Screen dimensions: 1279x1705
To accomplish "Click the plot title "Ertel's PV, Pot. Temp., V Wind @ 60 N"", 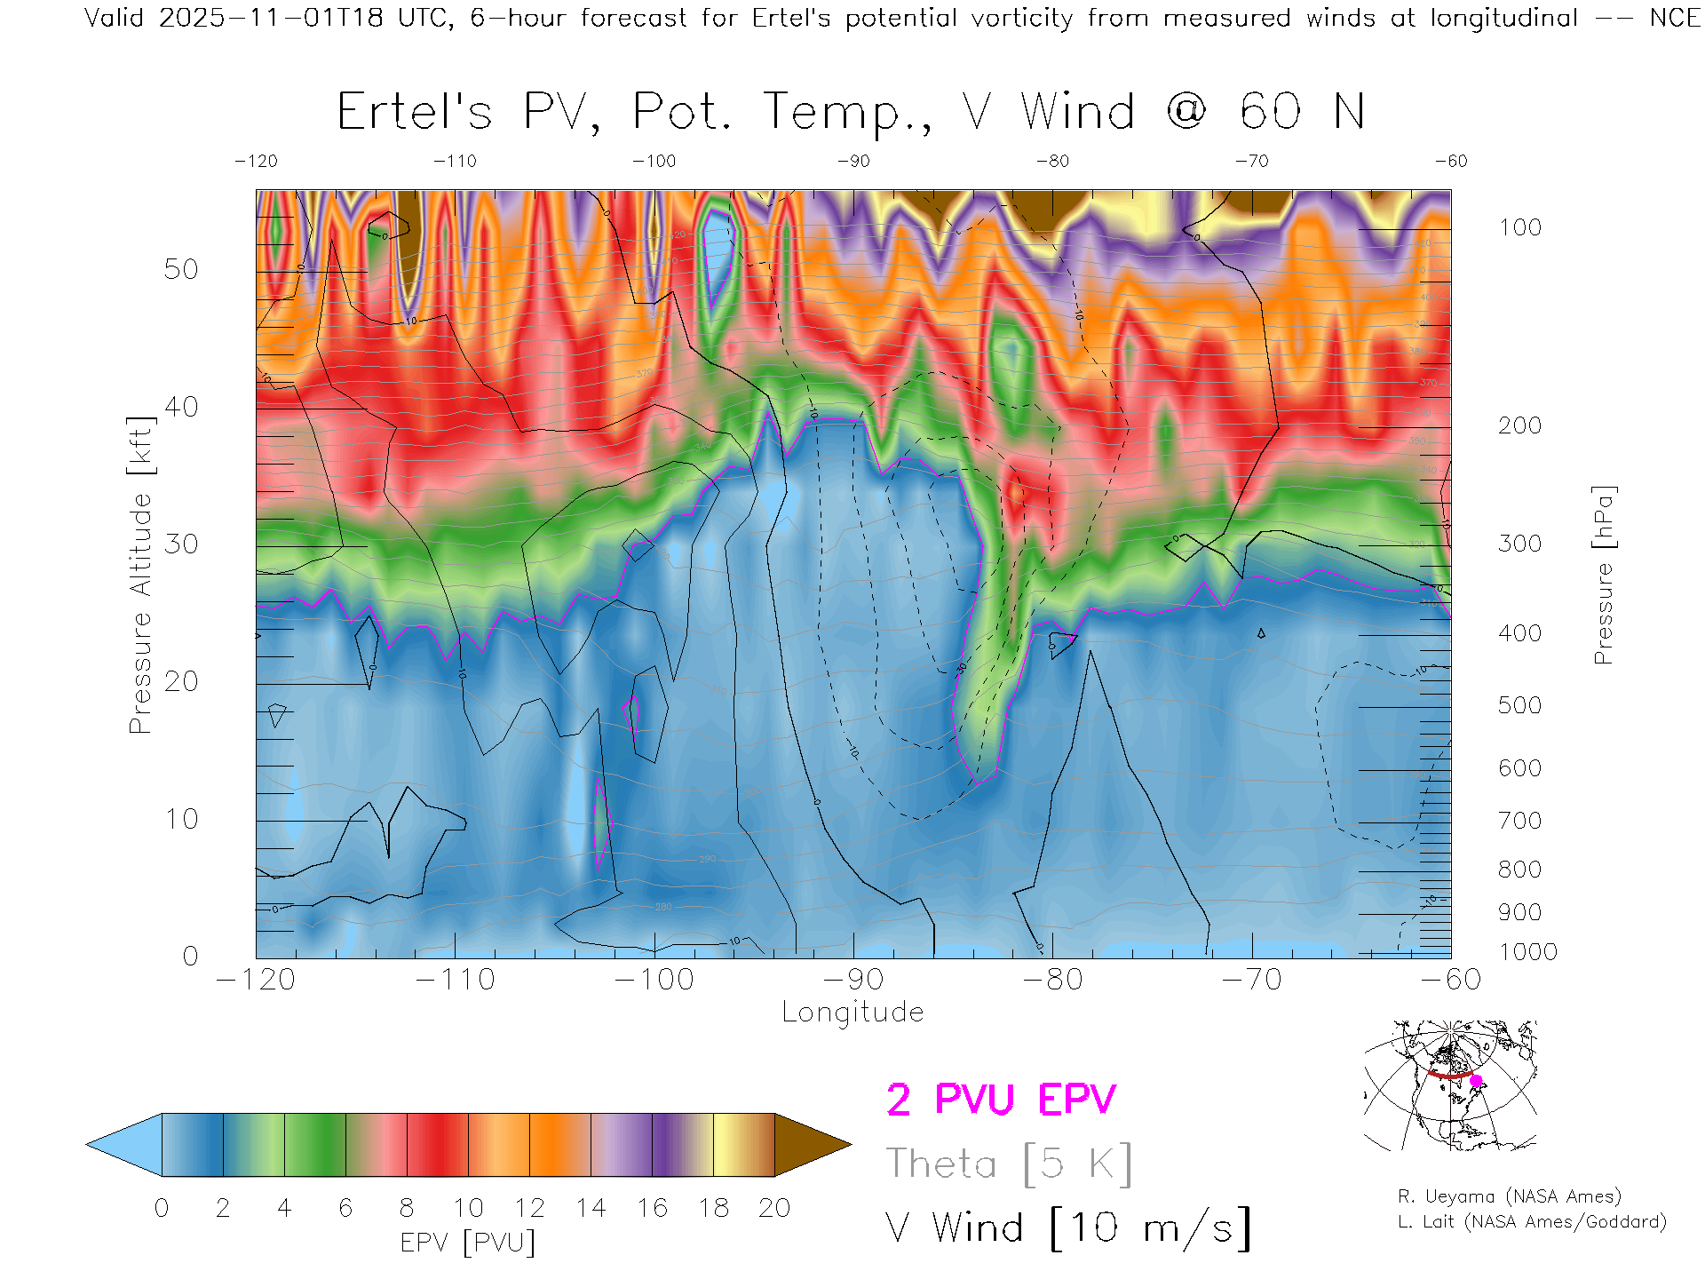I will click(851, 112).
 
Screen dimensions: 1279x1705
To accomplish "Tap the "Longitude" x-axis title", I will click(852, 1012).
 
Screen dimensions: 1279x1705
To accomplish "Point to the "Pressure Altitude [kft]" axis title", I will click(140, 575).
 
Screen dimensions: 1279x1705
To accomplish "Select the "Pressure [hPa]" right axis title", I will click(1604, 575).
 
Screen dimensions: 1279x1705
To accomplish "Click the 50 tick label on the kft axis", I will click(181, 269).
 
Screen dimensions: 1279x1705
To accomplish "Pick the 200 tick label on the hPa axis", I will click(1519, 425).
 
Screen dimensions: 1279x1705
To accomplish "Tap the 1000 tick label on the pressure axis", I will click(1527, 952).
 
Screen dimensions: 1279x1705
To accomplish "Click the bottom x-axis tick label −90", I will click(853, 980).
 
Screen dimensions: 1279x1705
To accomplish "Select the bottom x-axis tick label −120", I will click(256, 980).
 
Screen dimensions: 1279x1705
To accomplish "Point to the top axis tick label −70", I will click(1251, 162).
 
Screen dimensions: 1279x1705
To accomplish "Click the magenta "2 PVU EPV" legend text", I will click(1001, 1100).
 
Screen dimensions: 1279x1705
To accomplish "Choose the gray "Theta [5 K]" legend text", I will click(1009, 1164).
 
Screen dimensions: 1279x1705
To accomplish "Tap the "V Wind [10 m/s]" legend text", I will click(1068, 1228).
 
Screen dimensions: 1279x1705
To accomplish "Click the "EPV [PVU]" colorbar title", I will click(468, 1243).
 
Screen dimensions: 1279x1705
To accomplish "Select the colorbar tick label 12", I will click(529, 1208).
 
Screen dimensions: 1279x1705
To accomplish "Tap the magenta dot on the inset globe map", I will click(1476, 1081).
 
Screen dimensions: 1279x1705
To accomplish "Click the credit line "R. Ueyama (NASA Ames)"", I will click(1509, 1196).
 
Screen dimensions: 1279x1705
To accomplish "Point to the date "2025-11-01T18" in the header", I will click(270, 18).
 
